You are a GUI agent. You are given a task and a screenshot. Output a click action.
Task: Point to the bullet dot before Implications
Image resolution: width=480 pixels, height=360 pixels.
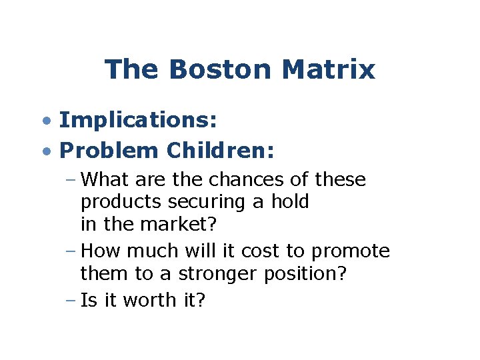(x=45, y=121)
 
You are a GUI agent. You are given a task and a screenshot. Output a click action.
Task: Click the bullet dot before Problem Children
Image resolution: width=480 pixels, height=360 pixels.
(x=45, y=151)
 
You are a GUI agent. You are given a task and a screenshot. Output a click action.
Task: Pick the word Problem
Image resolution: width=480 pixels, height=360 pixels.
(x=109, y=151)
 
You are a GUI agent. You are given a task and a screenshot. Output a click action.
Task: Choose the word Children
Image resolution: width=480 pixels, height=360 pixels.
(x=220, y=151)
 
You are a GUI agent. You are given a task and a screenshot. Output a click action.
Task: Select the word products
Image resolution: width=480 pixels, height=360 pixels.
(x=113, y=202)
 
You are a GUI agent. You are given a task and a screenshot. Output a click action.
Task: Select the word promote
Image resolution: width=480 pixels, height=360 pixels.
(x=351, y=251)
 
